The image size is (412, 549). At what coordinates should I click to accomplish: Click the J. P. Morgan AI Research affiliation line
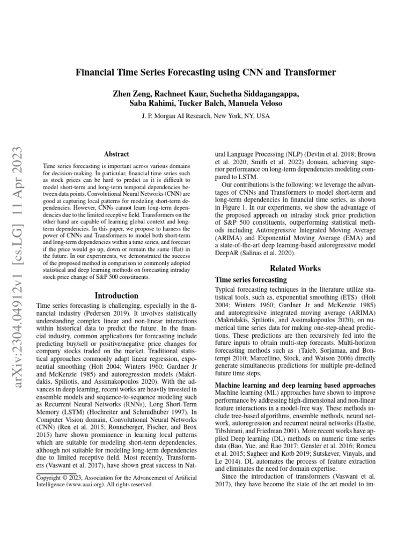click(206, 116)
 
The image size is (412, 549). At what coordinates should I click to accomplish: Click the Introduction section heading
click(116, 295)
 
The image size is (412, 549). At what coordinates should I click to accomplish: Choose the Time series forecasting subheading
click(251, 280)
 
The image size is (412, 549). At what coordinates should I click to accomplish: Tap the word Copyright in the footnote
click(50, 476)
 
